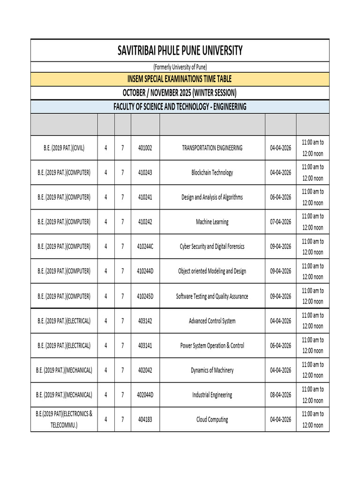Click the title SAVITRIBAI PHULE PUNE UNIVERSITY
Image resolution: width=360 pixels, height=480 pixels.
point(180,50)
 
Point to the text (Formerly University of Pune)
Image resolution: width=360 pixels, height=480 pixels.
point(180,67)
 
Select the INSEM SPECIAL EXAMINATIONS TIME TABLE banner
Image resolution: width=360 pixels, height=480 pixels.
point(180,79)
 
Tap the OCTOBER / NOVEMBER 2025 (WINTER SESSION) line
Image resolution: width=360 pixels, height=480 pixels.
point(180,92)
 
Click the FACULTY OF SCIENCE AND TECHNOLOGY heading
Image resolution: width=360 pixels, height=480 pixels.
point(180,107)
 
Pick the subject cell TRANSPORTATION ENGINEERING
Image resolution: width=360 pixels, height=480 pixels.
point(212,148)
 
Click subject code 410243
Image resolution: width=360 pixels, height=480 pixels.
point(145,172)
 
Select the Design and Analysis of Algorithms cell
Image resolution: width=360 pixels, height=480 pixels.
point(212,197)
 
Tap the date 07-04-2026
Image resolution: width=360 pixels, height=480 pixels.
point(280,222)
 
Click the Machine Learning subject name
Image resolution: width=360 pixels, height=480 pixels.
point(212,222)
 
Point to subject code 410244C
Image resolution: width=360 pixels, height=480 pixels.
point(145,247)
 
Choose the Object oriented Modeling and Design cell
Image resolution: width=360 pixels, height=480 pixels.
point(212,271)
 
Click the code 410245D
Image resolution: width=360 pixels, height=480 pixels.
point(145,296)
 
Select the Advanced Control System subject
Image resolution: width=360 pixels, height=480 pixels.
point(212,321)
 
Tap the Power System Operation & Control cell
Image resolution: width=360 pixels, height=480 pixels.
point(212,345)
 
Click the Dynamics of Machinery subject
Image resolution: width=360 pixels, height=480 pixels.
point(212,370)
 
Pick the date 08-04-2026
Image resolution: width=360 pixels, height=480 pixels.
point(280,395)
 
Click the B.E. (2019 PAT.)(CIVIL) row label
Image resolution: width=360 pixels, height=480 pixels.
point(64,148)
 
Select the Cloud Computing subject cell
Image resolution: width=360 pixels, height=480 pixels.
point(212,420)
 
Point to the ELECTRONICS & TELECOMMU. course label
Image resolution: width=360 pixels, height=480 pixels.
point(64,420)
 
